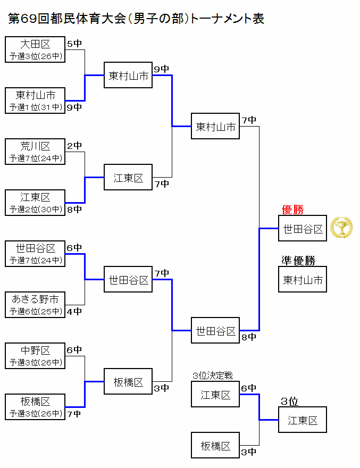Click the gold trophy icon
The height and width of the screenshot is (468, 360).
click(341, 228)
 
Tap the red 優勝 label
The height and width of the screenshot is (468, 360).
click(292, 210)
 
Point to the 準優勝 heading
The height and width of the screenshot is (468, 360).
click(298, 261)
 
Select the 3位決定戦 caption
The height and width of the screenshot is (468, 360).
click(212, 375)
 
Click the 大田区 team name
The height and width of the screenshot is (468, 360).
click(35, 44)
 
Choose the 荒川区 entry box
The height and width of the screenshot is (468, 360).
click(35, 152)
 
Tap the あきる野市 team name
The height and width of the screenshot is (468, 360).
click(35, 299)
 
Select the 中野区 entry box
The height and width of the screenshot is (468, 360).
click(35, 356)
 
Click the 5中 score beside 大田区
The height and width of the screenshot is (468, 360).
click(74, 44)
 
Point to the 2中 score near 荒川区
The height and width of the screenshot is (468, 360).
click(74, 146)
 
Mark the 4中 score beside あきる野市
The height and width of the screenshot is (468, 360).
click(74, 312)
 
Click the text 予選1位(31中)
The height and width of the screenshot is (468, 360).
click(36, 107)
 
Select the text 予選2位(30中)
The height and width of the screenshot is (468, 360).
click(36, 209)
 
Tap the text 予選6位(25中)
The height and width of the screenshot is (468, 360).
click(36, 311)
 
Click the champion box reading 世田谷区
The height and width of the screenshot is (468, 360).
click(303, 228)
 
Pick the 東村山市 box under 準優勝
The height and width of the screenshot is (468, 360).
click(303, 279)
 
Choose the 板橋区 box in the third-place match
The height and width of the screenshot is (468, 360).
click(215, 445)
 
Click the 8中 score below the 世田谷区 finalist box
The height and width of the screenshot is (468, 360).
click(249, 337)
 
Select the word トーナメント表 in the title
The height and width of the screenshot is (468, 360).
click(227, 19)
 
